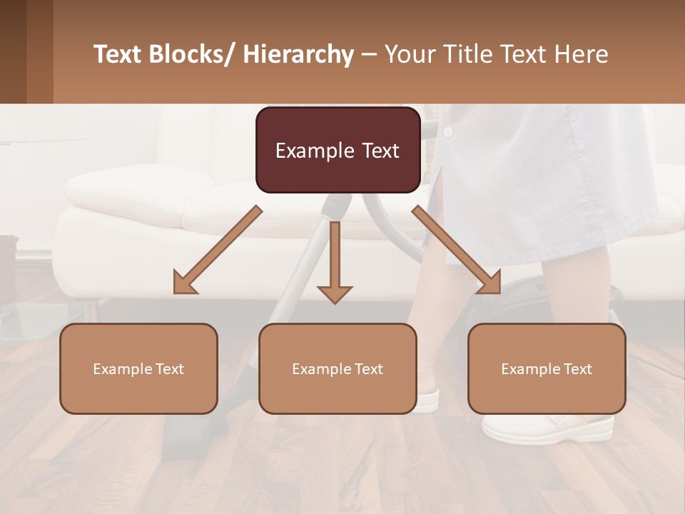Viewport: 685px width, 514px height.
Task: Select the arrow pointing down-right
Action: [457, 250]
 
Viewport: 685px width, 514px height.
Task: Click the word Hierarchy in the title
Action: [298, 54]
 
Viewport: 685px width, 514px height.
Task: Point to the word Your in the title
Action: [409, 54]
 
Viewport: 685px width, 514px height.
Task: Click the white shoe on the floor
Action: [548, 427]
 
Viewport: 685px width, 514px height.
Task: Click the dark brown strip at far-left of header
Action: [13, 51]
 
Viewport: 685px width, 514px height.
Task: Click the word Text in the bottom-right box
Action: [577, 369]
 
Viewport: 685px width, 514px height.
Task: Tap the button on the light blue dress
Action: [448, 133]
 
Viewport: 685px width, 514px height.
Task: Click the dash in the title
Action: [369, 54]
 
